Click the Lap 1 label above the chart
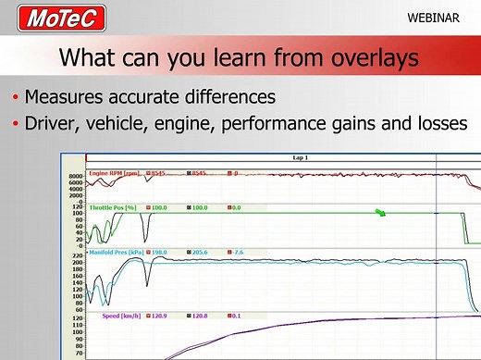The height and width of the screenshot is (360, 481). coord(300,158)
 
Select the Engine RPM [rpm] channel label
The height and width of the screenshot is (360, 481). coord(116,173)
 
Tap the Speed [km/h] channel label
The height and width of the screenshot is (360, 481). coord(121,316)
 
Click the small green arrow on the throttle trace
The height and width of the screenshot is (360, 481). coord(380,214)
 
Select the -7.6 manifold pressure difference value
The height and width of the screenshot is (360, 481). coord(240,252)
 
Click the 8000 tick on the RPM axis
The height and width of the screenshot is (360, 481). coord(77,175)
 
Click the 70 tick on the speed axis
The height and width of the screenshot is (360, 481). coord(80,353)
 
